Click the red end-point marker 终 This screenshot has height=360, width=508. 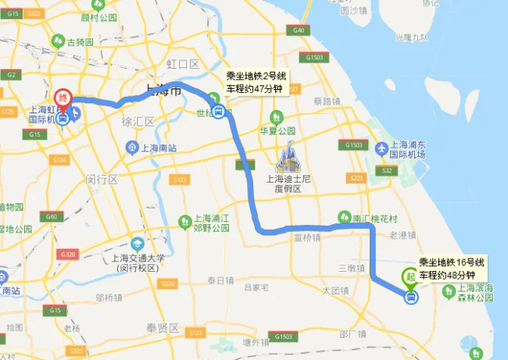point(65,99)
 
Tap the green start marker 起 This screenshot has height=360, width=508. point(409,276)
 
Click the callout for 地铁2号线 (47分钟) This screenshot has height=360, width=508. point(256,83)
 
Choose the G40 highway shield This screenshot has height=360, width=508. point(298,30)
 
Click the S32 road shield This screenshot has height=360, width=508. point(385,170)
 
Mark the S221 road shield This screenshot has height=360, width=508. point(357,178)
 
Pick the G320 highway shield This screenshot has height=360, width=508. point(70,255)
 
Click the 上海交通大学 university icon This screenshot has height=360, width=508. point(138,244)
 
